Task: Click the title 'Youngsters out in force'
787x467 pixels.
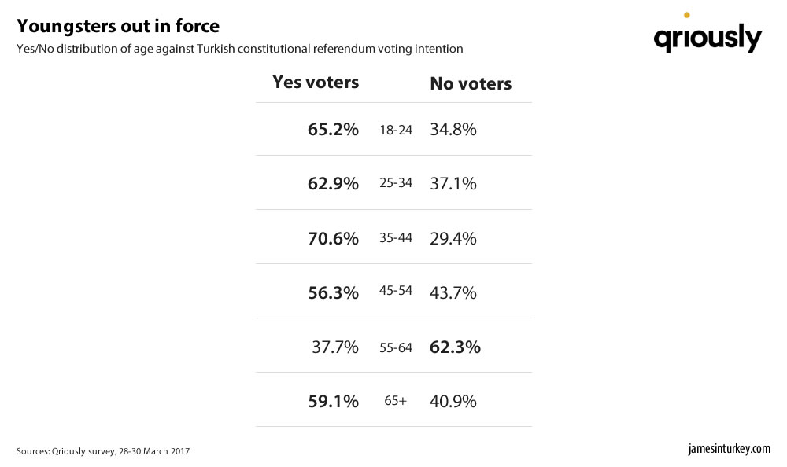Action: point(118,27)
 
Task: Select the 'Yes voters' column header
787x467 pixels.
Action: point(316,83)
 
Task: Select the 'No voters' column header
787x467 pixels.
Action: point(471,84)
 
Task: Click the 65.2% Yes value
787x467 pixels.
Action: point(333,129)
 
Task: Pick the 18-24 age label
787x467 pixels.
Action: point(396,130)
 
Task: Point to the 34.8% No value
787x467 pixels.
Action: point(453,129)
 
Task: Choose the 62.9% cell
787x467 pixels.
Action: point(333,183)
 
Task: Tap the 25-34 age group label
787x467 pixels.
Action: point(396,184)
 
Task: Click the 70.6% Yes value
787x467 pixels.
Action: point(333,237)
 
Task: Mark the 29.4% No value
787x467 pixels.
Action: point(453,237)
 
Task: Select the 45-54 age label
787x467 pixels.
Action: point(396,292)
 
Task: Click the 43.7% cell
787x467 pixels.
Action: point(453,292)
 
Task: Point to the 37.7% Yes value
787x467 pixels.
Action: point(336,347)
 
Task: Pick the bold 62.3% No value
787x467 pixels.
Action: point(455,347)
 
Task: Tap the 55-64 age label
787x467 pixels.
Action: point(396,347)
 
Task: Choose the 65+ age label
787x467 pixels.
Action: point(396,401)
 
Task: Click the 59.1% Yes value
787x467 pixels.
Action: point(333,401)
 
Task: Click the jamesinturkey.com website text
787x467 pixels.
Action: point(729,449)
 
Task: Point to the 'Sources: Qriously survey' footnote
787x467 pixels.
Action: point(103,451)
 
